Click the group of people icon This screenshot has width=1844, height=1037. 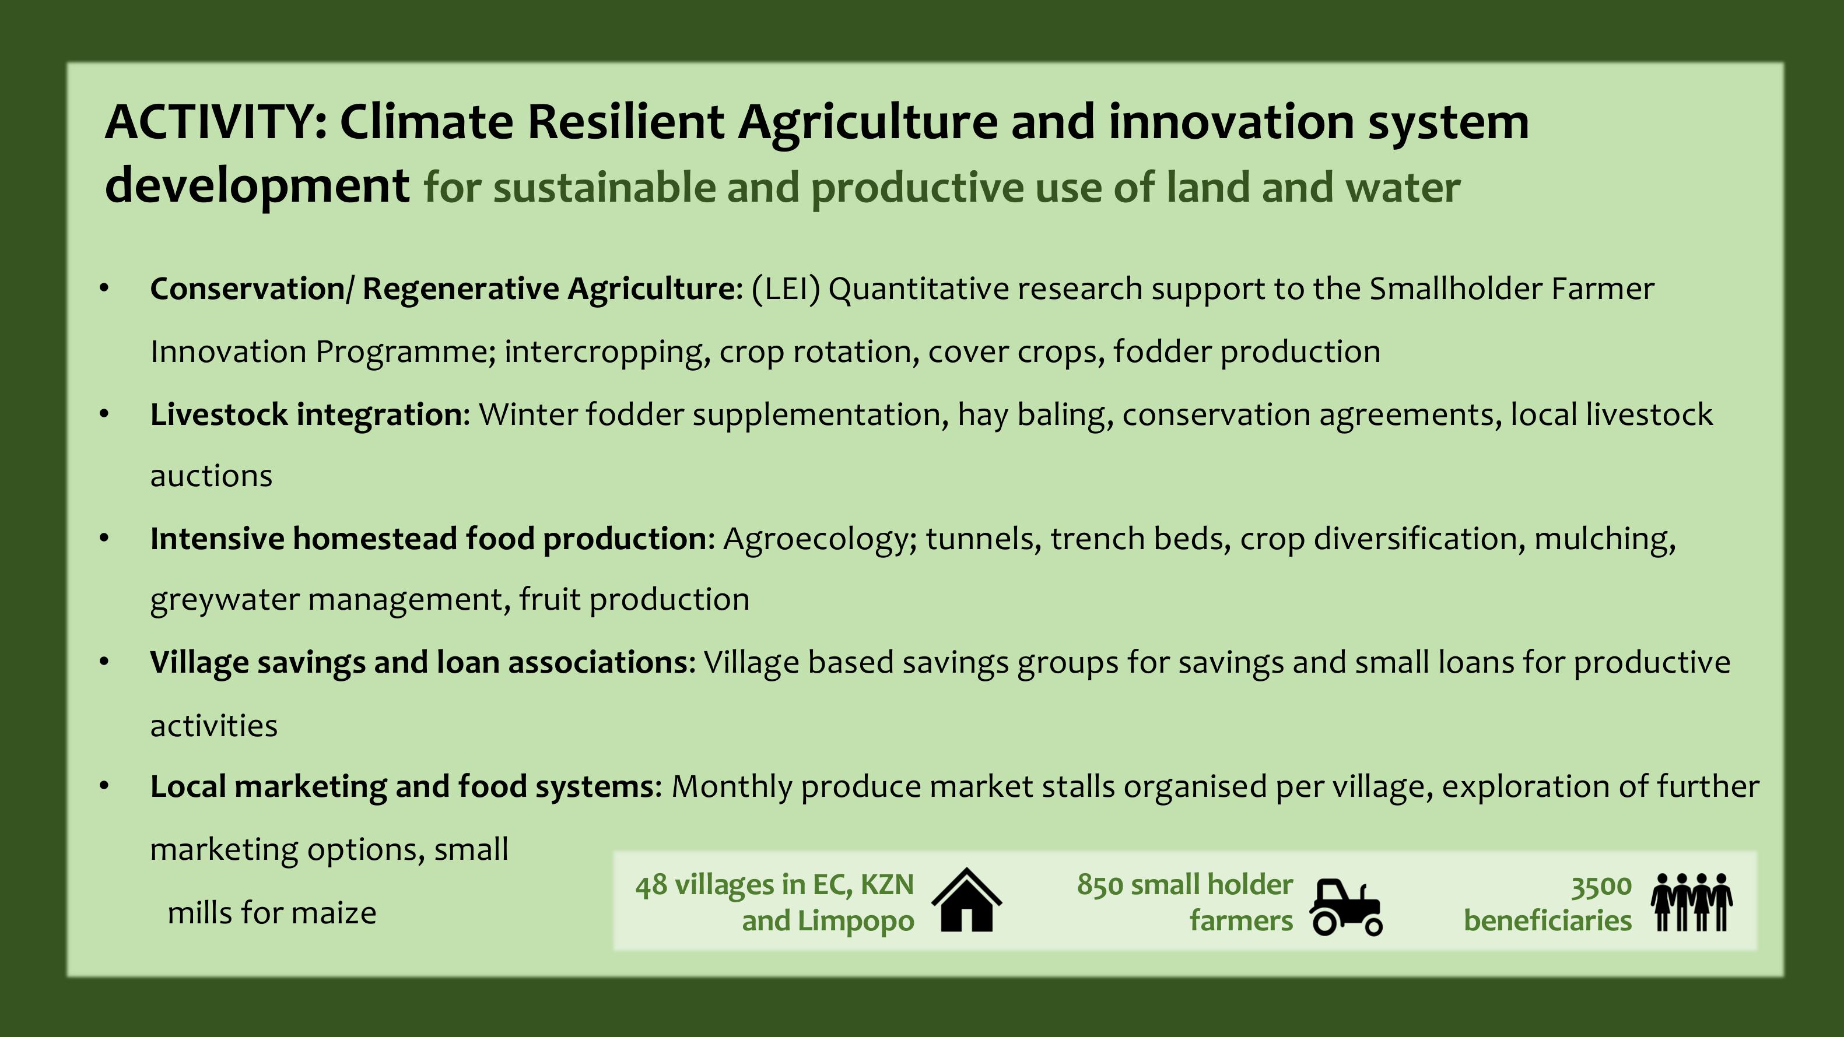[1692, 902]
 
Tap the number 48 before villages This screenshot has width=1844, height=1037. [651, 885]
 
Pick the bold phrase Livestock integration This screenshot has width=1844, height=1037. [306, 415]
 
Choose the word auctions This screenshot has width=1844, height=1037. [211, 476]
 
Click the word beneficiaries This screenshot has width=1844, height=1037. [1548, 921]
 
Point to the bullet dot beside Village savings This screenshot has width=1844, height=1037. [104, 662]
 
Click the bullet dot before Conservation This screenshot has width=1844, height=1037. [104, 289]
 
